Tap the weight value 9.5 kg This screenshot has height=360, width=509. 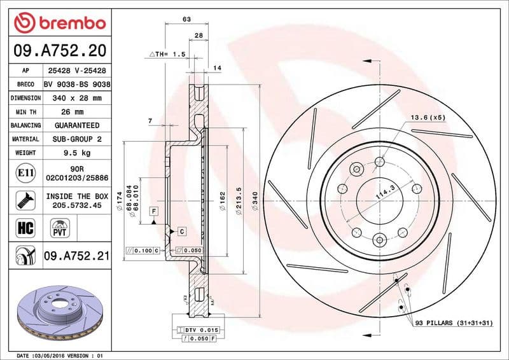pyautogui.click(x=77, y=153)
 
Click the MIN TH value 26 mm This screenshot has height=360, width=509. pyautogui.click(x=77, y=112)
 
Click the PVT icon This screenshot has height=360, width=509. pyautogui.click(x=61, y=227)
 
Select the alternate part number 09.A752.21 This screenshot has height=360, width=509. pyautogui.click(x=77, y=258)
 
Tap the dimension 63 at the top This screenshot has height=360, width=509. pyautogui.click(x=186, y=20)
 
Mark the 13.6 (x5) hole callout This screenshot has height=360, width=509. pyautogui.click(x=428, y=117)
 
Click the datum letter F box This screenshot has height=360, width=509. pyautogui.click(x=153, y=211)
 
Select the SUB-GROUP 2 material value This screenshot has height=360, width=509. pyautogui.click(x=77, y=139)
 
